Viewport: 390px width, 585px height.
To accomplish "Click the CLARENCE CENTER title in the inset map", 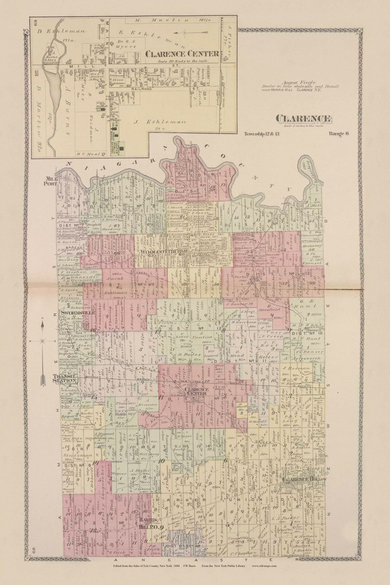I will (x=182, y=54).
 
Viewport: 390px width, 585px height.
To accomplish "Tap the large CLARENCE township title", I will (x=303, y=119).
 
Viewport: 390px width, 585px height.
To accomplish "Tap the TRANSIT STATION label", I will (x=64, y=378).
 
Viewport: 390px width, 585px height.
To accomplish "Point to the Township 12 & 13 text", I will (x=262, y=134).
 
